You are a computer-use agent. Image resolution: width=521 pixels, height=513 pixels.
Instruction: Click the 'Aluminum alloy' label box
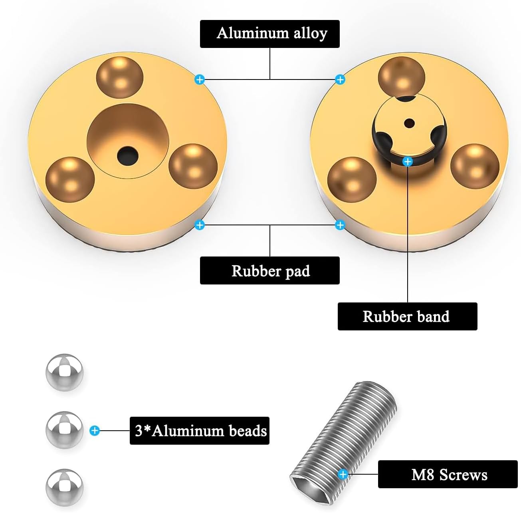[269, 34]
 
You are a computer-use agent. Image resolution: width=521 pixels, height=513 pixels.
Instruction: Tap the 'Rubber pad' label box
[269, 270]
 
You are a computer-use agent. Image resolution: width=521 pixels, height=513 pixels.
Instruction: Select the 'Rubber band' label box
[407, 316]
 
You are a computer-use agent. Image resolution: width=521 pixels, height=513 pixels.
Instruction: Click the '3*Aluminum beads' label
[200, 430]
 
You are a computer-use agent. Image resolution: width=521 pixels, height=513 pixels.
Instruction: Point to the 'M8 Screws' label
[448, 474]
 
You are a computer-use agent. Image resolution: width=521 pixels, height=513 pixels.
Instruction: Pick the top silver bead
[65, 372]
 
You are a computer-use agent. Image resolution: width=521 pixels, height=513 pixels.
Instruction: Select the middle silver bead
[65, 430]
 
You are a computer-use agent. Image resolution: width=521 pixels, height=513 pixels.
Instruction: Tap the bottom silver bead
[65, 487]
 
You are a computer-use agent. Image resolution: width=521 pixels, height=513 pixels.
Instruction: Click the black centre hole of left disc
[127, 155]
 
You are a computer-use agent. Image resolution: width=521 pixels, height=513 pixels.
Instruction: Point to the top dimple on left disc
[120, 77]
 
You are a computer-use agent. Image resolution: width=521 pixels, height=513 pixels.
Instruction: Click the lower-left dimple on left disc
[70, 179]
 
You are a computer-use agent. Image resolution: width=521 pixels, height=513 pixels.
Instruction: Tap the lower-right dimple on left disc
[193, 166]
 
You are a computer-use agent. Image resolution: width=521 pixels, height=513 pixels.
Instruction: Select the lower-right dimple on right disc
[475, 166]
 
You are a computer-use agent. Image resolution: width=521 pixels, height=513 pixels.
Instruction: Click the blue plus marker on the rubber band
[408, 161]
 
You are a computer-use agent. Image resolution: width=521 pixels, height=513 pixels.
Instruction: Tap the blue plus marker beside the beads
[95, 430]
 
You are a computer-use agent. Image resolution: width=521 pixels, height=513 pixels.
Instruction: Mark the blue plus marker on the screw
[343, 474]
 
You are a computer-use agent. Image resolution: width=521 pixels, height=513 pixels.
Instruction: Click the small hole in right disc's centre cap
[409, 123]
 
